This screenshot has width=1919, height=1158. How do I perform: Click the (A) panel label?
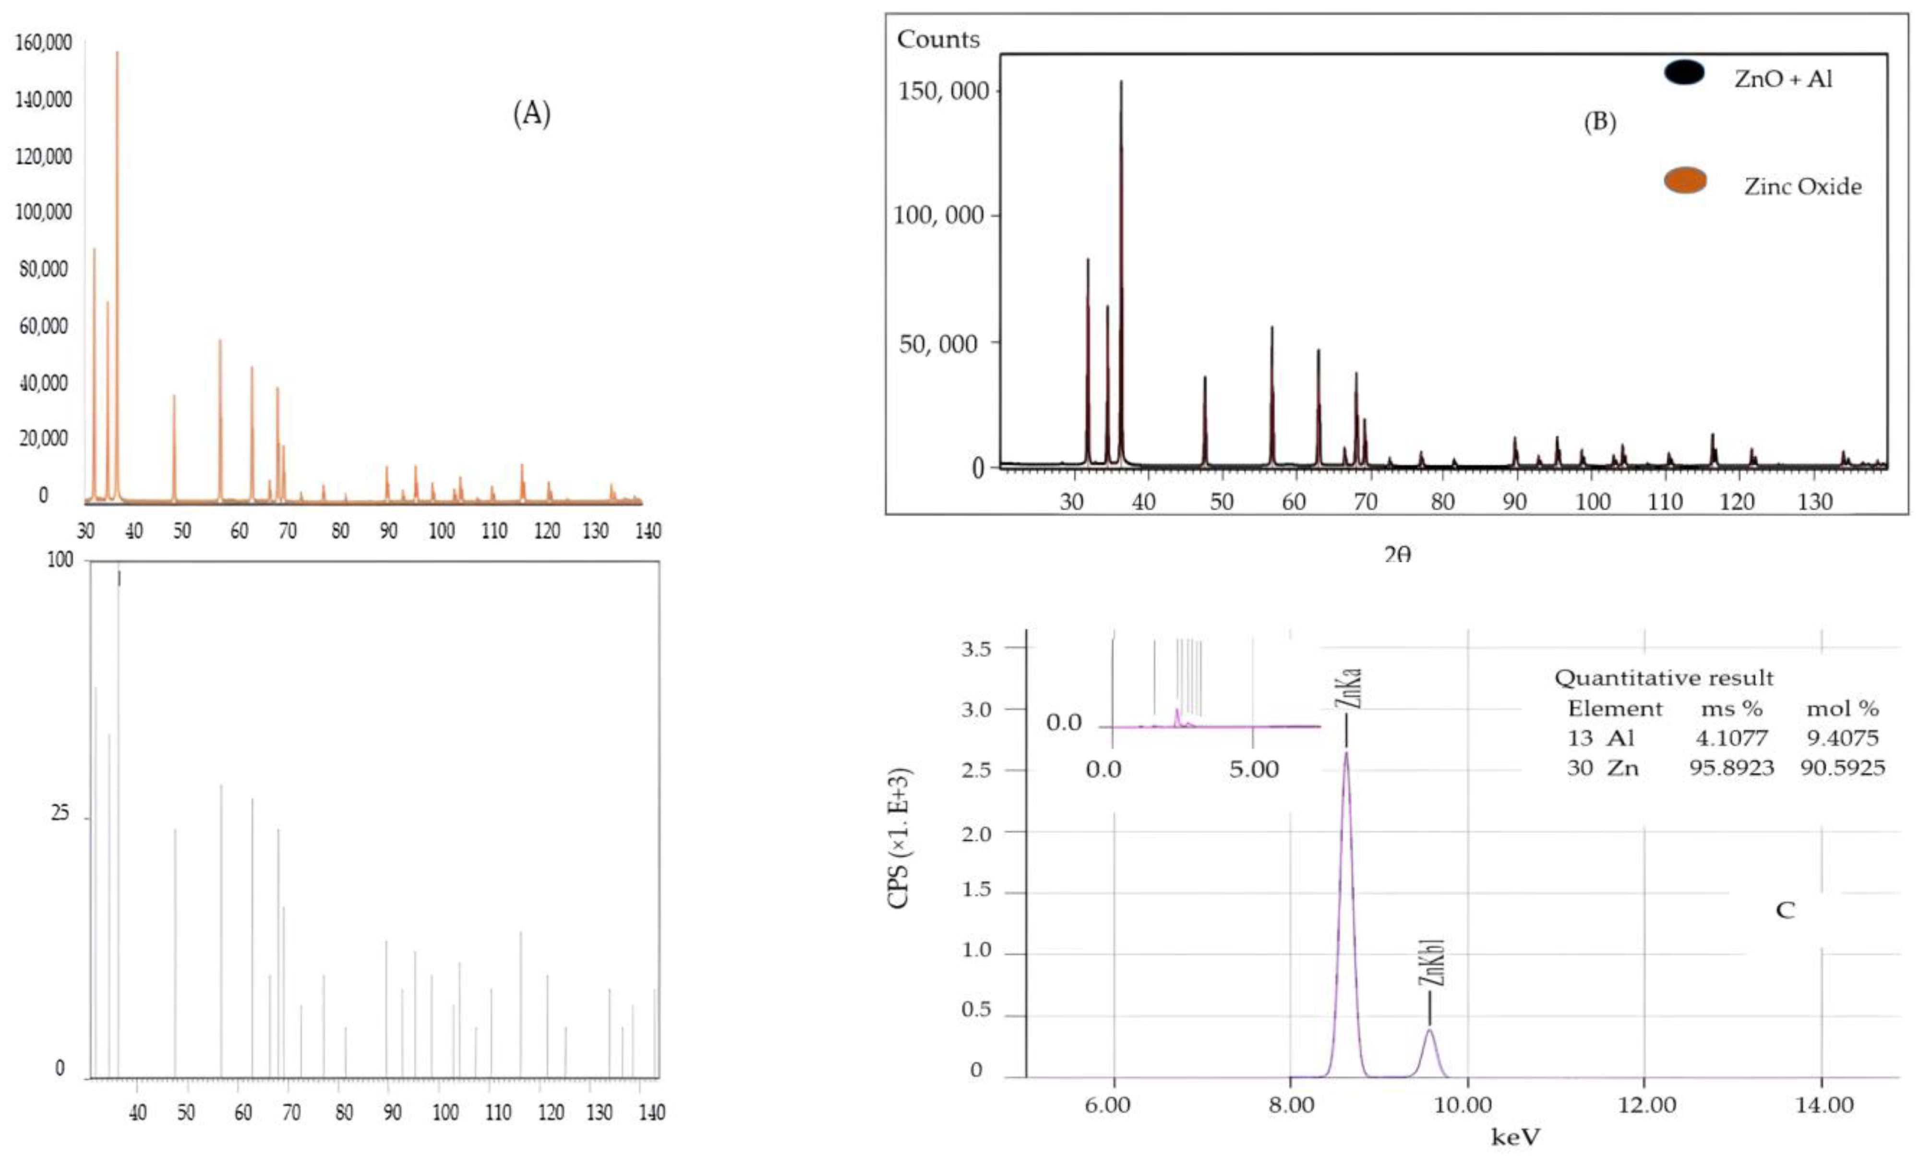(x=531, y=114)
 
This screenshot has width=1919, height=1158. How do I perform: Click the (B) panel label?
(x=1600, y=122)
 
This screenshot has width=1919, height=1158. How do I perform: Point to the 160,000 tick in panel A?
(x=44, y=42)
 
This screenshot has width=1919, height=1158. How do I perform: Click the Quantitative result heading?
(x=1664, y=678)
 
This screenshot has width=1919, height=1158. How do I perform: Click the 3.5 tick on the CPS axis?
(x=976, y=649)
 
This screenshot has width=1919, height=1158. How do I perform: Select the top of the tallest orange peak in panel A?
(x=118, y=53)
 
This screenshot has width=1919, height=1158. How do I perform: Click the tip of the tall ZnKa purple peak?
(x=1346, y=752)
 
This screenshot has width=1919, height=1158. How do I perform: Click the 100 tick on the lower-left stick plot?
(x=60, y=560)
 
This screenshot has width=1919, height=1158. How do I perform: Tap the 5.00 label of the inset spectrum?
(x=1254, y=770)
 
